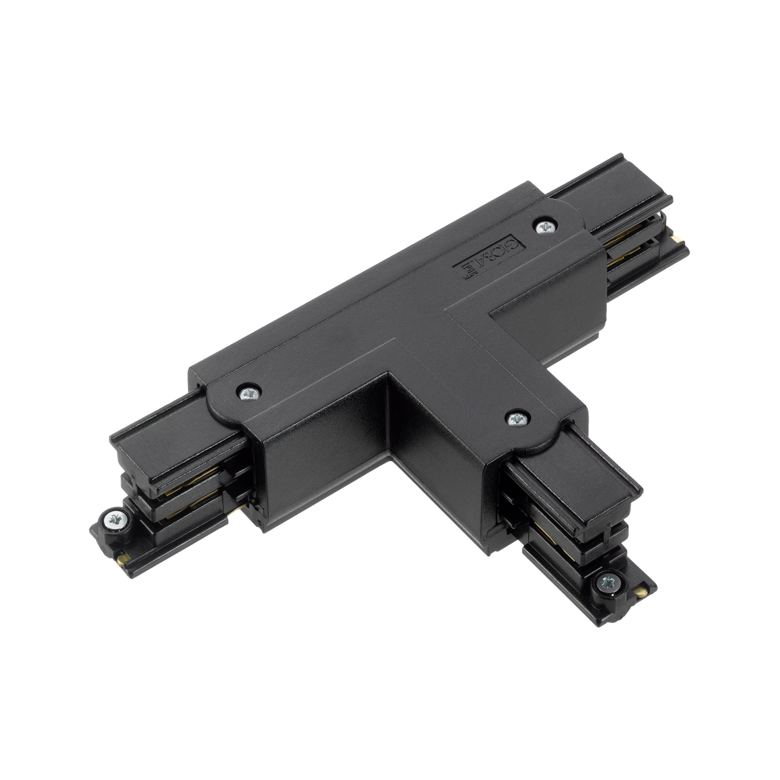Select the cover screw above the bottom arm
coord(516,418)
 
